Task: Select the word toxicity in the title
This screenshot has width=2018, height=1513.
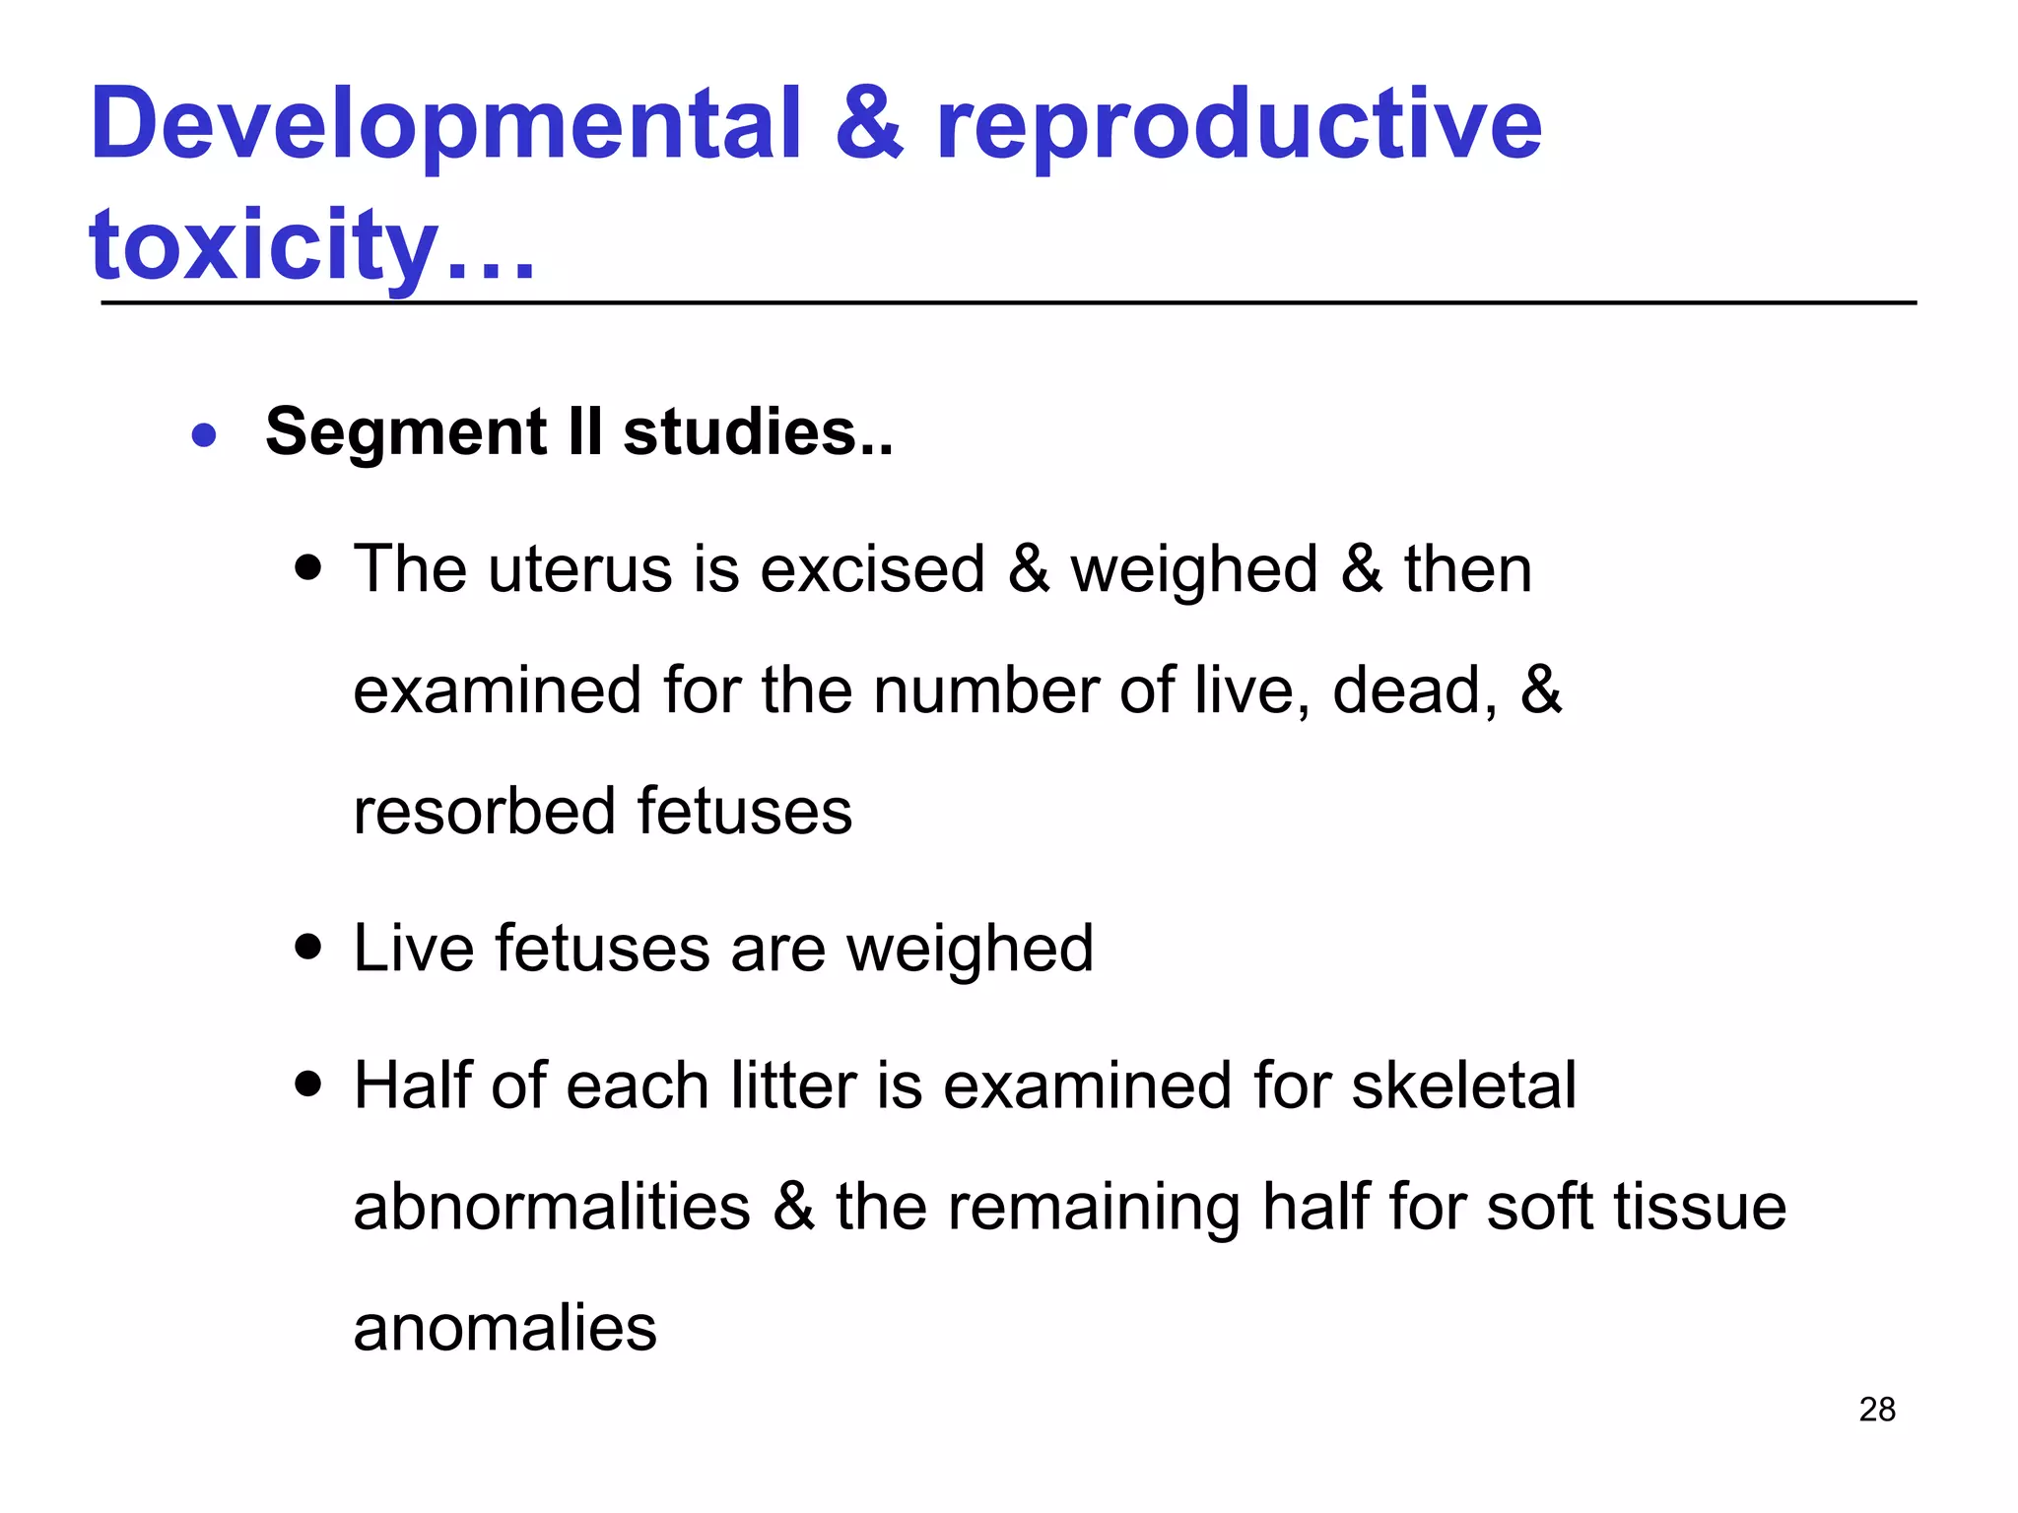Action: pos(263,246)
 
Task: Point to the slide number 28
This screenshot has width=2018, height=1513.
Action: pos(1877,1410)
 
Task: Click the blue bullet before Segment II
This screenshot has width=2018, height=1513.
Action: pos(204,434)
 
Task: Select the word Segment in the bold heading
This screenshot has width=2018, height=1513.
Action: pos(406,433)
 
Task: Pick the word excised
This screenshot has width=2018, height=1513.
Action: pos(872,571)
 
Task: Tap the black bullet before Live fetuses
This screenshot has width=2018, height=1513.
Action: pos(309,948)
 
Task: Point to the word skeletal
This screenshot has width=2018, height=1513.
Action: pos(1463,1086)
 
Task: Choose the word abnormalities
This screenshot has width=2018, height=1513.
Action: pos(552,1209)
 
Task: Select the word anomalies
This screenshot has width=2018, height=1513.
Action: pos(504,1329)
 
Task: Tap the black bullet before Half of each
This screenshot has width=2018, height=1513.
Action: pos(309,1085)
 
